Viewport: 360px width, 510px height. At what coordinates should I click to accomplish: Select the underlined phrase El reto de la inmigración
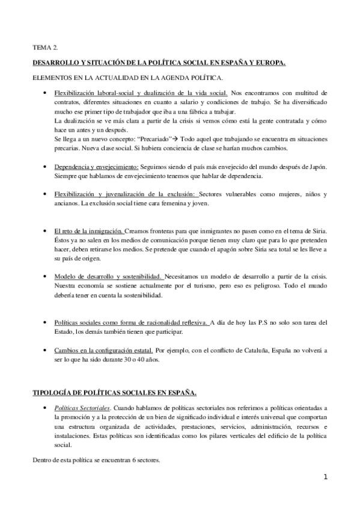[88, 231]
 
